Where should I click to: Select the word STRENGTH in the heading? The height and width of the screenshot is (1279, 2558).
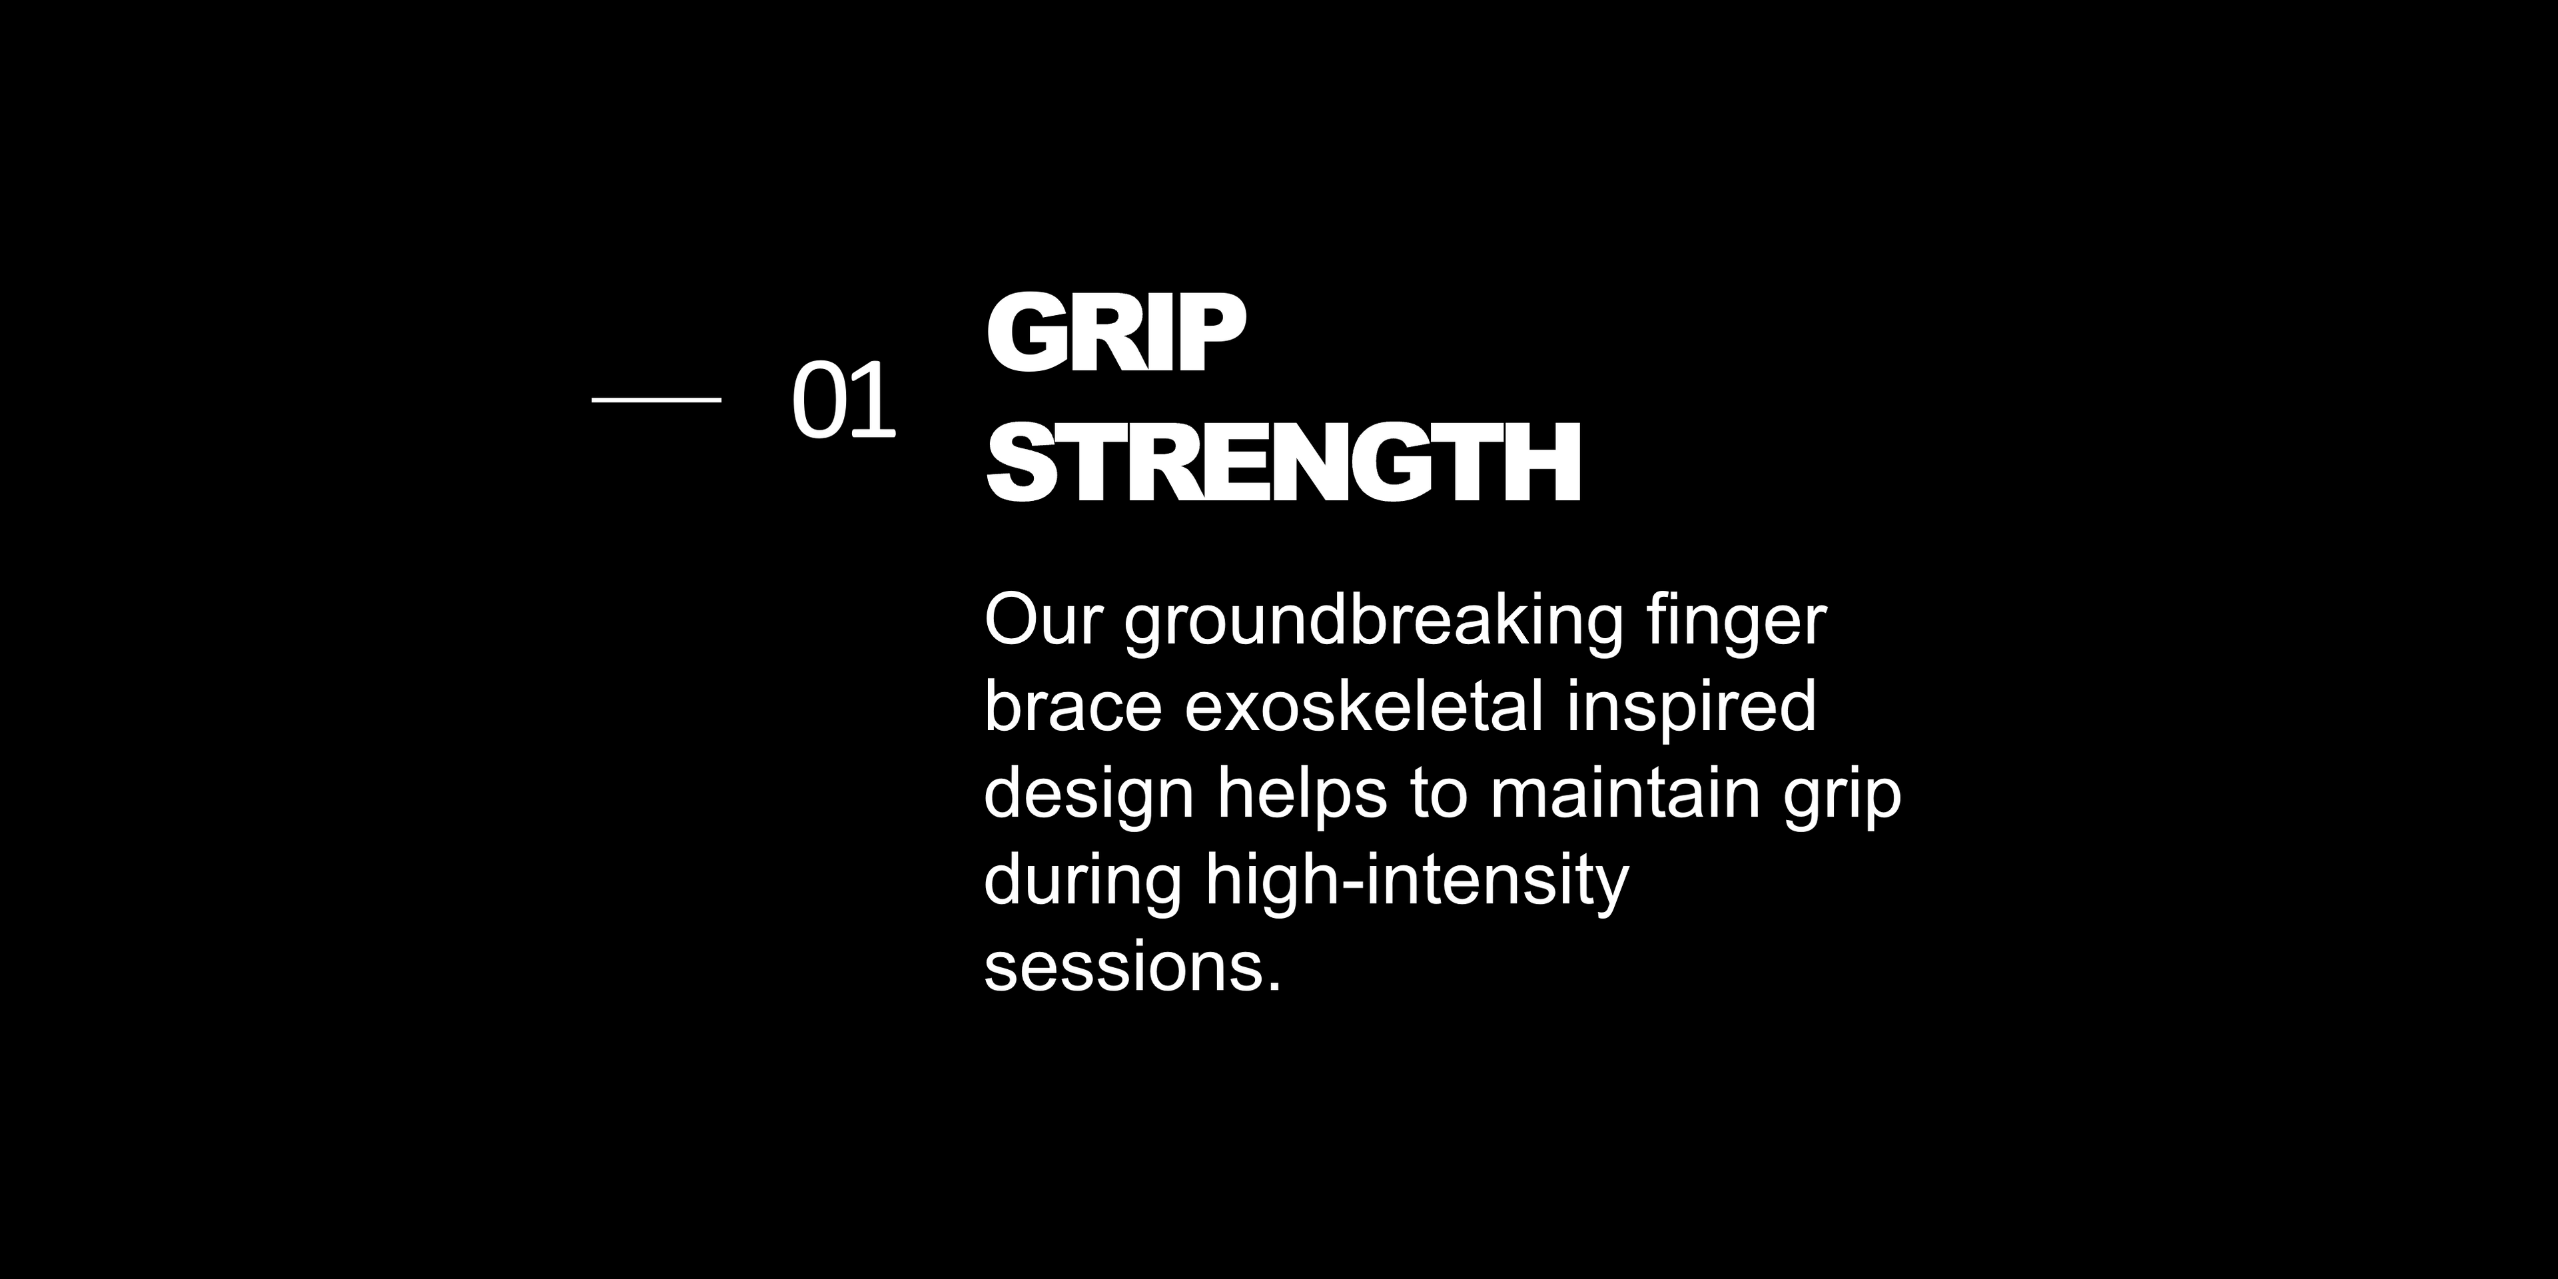tap(1283, 462)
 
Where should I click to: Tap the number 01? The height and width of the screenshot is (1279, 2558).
tap(844, 401)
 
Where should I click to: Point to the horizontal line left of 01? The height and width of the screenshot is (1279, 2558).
tap(656, 399)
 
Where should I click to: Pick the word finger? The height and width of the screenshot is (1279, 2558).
tap(1737, 626)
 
